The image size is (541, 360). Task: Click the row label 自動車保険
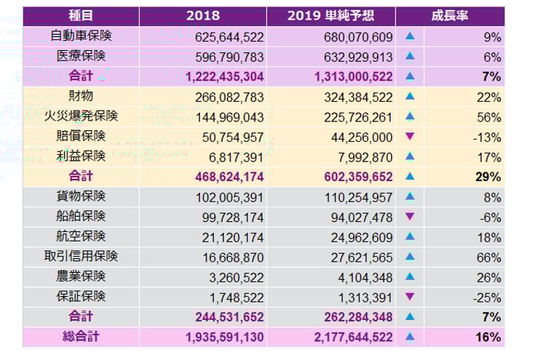(81, 36)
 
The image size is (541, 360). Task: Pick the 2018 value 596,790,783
(229, 57)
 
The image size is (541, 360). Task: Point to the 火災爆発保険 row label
(81, 116)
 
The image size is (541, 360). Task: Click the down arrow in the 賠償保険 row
(410, 137)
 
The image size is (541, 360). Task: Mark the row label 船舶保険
(81, 217)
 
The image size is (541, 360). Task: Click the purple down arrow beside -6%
(410, 217)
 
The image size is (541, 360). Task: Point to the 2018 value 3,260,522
(236, 277)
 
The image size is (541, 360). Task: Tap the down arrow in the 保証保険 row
(410, 297)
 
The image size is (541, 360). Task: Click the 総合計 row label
(81, 337)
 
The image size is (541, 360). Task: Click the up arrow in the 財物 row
(410, 96)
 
